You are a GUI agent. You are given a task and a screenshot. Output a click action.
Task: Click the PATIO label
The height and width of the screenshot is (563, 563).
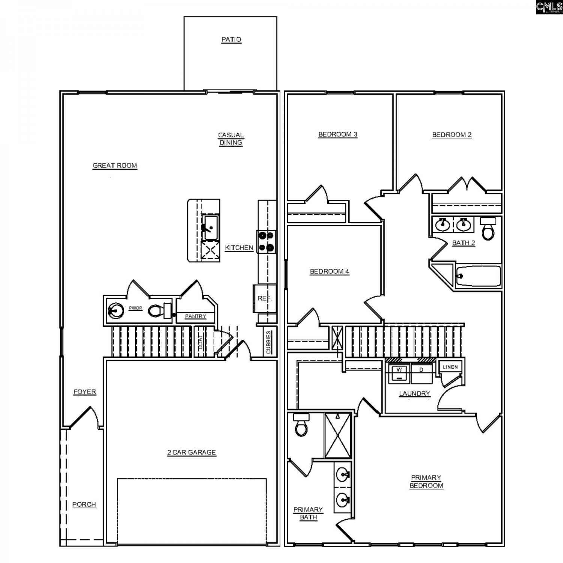(x=231, y=39)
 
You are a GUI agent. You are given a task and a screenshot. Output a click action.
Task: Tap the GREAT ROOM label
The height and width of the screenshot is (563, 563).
(x=115, y=166)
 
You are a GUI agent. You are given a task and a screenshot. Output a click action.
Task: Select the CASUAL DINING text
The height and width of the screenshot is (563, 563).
(x=231, y=139)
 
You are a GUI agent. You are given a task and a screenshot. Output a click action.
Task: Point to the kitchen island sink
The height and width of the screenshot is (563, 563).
(x=210, y=227)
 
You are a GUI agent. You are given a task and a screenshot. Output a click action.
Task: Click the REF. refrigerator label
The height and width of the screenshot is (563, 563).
(x=264, y=298)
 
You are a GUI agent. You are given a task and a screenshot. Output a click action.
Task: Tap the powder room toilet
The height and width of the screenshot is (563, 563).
(x=160, y=310)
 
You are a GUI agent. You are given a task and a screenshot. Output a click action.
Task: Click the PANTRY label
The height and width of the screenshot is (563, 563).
(x=196, y=316)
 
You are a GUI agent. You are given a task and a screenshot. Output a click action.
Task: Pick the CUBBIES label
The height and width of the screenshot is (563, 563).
(x=268, y=342)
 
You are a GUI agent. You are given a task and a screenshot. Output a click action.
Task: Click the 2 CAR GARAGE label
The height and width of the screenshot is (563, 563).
(x=192, y=452)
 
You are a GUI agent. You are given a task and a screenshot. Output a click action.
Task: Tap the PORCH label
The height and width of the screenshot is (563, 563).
(x=84, y=504)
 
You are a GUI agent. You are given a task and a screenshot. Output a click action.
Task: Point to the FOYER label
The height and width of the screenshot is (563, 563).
(x=85, y=392)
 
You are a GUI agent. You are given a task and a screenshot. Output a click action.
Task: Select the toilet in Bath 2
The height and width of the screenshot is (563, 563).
(x=488, y=228)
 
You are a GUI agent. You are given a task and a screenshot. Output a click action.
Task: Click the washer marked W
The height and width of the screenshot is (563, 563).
(x=399, y=373)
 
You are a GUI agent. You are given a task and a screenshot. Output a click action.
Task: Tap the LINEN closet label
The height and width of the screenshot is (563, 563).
(x=450, y=367)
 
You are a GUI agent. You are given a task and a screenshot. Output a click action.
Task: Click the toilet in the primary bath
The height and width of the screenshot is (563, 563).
(x=301, y=425)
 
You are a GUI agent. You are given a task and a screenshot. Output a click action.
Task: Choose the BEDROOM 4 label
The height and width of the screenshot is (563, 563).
(x=330, y=271)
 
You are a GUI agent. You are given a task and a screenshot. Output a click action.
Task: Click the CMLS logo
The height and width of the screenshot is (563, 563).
(x=549, y=7)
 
